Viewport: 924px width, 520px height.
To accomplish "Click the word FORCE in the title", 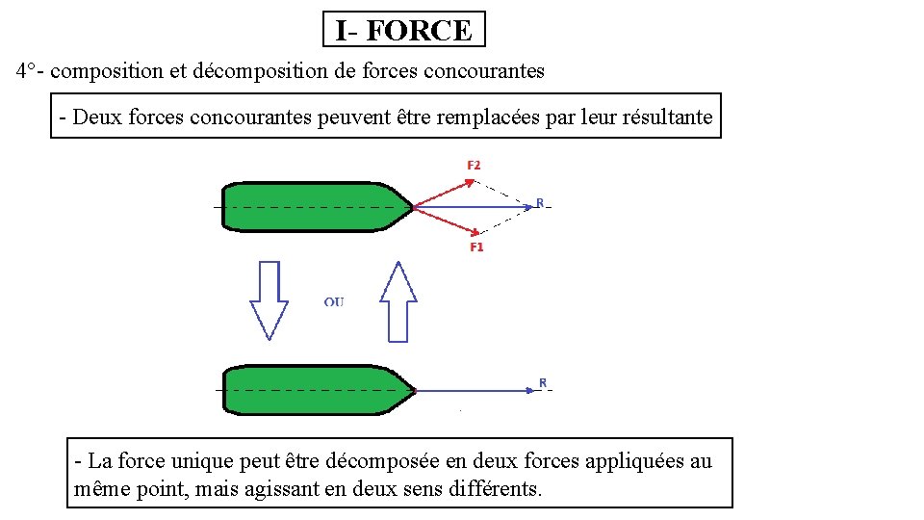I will tap(419, 30).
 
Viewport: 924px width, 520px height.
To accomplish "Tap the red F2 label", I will tap(474, 166).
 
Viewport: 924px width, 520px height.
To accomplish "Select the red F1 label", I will tap(476, 247).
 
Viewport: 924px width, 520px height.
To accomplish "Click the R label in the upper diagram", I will tap(540, 202).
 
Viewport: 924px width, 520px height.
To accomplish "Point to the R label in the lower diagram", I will tap(543, 383).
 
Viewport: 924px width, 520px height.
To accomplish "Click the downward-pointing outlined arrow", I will tap(269, 299).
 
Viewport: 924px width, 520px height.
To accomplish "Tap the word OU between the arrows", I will tap(334, 302).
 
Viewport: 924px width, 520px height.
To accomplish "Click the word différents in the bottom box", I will tap(496, 488).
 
